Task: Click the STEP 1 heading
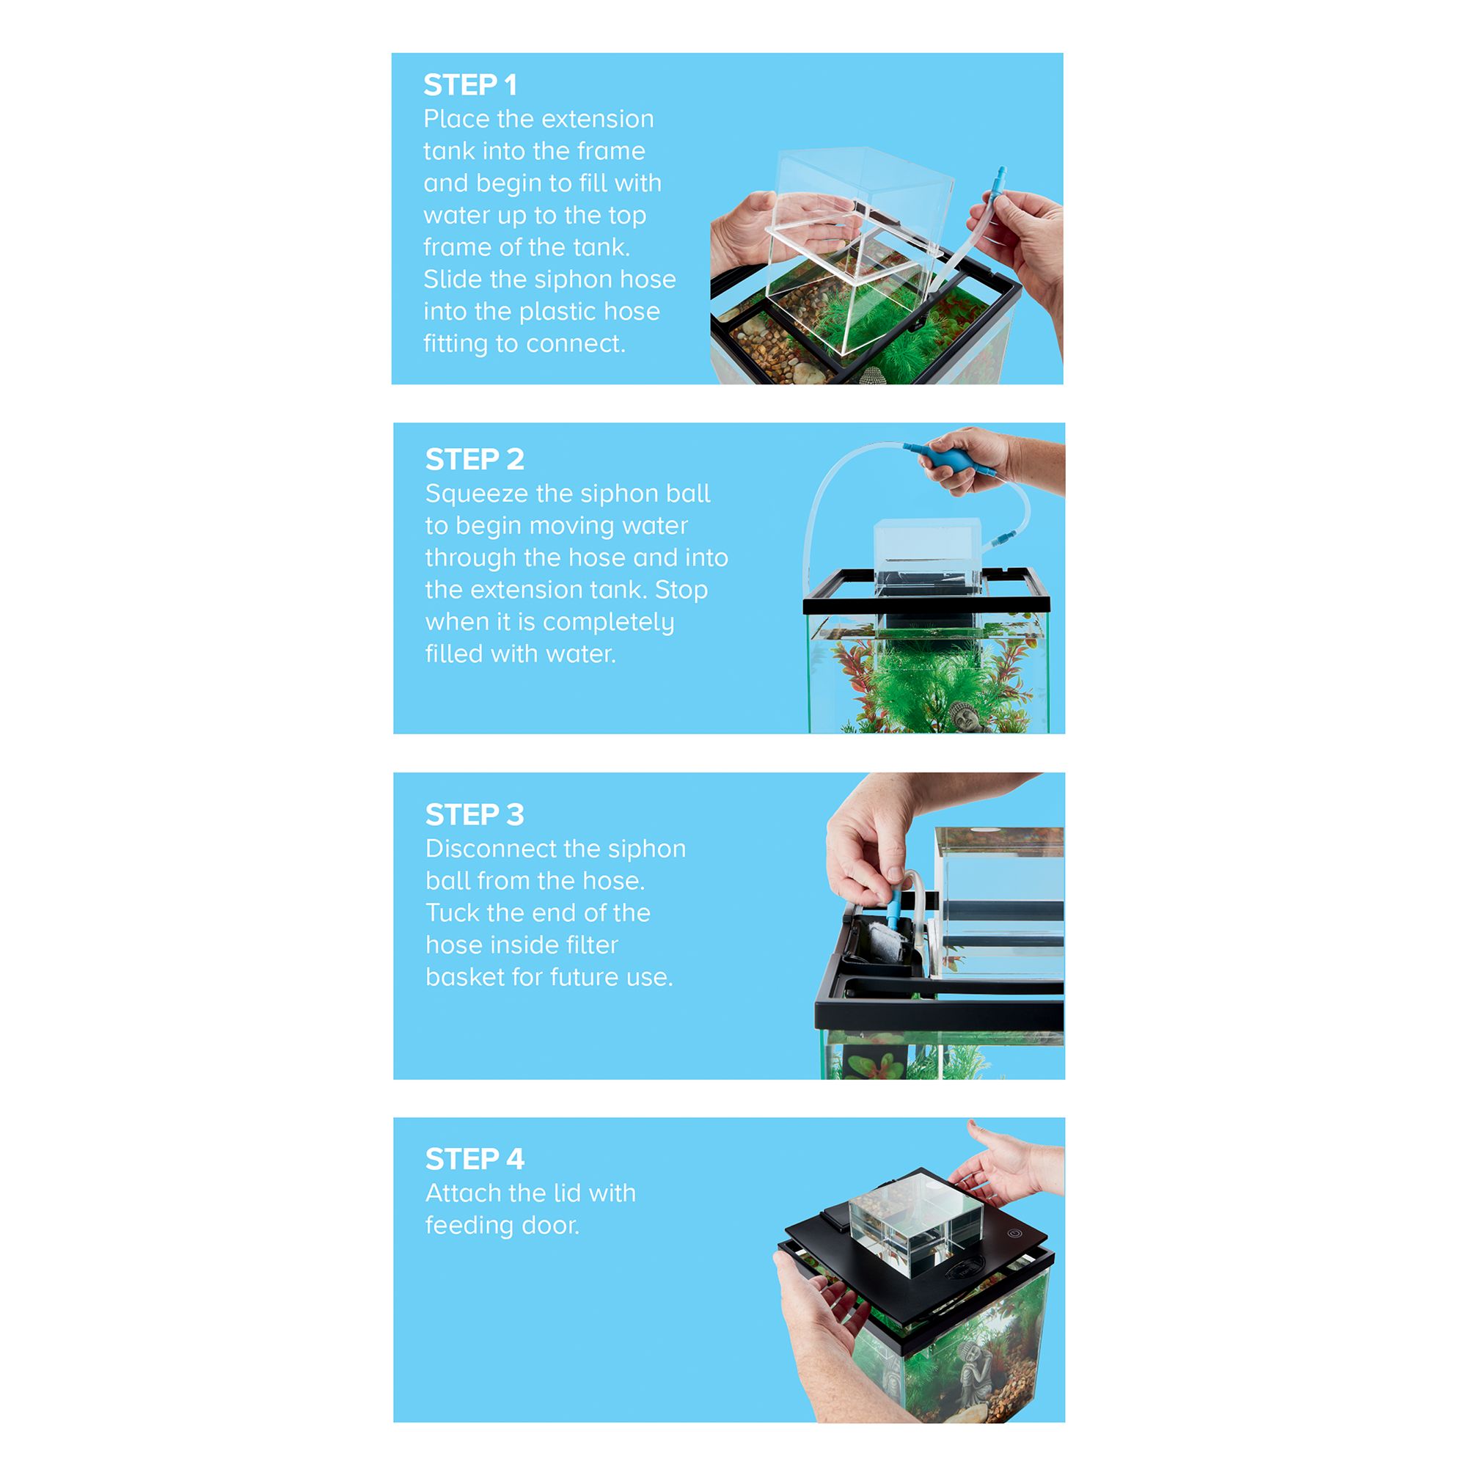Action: (x=470, y=85)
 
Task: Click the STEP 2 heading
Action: (x=475, y=459)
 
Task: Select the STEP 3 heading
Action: (x=475, y=815)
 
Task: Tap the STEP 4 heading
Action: (x=475, y=1160)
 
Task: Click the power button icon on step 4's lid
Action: (x=1013, y=1234)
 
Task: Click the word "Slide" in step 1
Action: (x=453, y=279)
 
